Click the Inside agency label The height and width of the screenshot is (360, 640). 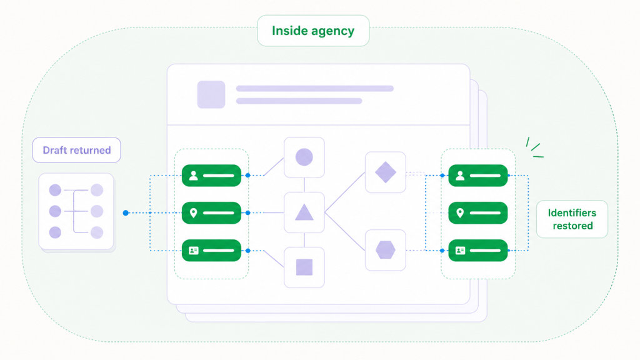313,31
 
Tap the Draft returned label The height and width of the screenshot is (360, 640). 77,150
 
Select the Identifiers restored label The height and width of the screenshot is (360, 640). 572,219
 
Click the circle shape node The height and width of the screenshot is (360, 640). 304,157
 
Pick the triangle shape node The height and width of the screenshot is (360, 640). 304,212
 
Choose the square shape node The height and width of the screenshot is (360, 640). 304,267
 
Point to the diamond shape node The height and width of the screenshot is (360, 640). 385,172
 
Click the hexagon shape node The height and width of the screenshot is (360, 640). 385,250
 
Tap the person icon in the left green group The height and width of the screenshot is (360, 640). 194,176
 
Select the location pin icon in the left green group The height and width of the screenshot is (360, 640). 194,212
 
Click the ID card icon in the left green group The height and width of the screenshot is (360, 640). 194,250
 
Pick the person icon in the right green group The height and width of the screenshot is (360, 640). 460,176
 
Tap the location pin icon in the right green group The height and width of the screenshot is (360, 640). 460,212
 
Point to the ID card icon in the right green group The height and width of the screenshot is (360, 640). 460,250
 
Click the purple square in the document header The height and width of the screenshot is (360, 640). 211,95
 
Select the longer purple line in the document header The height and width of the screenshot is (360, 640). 315,89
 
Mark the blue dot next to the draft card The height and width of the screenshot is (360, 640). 126,212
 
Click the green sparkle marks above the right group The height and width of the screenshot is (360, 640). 535,147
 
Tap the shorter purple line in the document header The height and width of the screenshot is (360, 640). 299,101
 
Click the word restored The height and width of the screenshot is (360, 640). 572,226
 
